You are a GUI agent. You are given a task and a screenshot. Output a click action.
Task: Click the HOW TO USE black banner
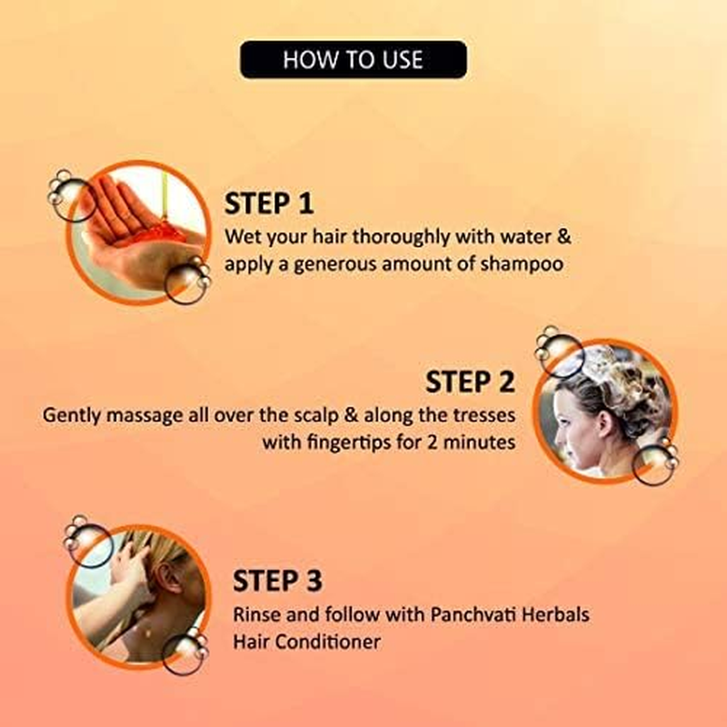pos(353,60)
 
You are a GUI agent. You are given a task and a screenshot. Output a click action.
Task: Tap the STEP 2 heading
pos(470,382)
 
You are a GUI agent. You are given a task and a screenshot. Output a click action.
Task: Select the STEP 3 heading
pos(277,580)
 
